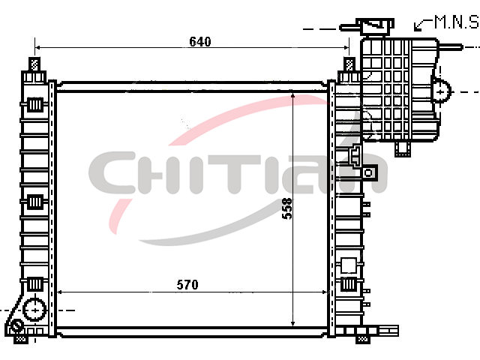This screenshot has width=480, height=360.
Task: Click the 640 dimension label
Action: (x=200, y=42)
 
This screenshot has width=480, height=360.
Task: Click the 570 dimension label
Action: (x=187, y=285)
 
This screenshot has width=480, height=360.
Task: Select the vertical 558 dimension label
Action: (x=287, y=208)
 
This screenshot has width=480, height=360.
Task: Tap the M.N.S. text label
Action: (x=457, y=22)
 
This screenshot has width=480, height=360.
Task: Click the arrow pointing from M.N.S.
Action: (x=423, y=24)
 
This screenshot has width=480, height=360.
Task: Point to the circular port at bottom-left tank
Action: (x=35, y=310)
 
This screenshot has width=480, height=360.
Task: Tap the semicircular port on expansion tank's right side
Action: (x=442, y=91)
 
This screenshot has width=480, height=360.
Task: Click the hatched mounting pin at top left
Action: (x=34, y=64)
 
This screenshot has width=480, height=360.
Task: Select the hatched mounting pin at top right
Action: (x=349, y=64)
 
